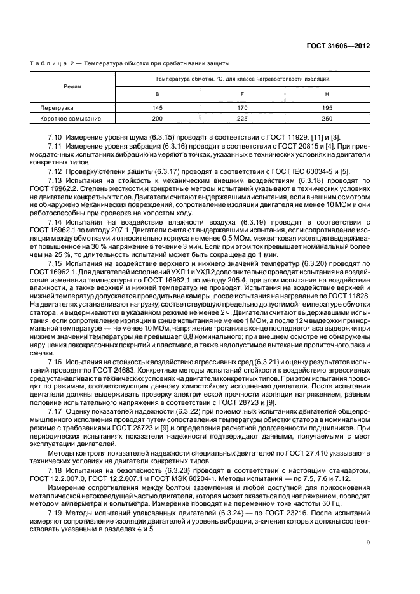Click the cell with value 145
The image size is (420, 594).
coord(158,109)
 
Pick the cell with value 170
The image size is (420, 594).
coord(242,109)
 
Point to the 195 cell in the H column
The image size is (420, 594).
coord(327,109)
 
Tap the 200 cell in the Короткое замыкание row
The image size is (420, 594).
coord(158,119)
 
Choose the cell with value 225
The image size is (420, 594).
coord(242,119)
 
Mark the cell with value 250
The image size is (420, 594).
coord(327,119)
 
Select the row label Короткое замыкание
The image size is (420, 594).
coord(69,119)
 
